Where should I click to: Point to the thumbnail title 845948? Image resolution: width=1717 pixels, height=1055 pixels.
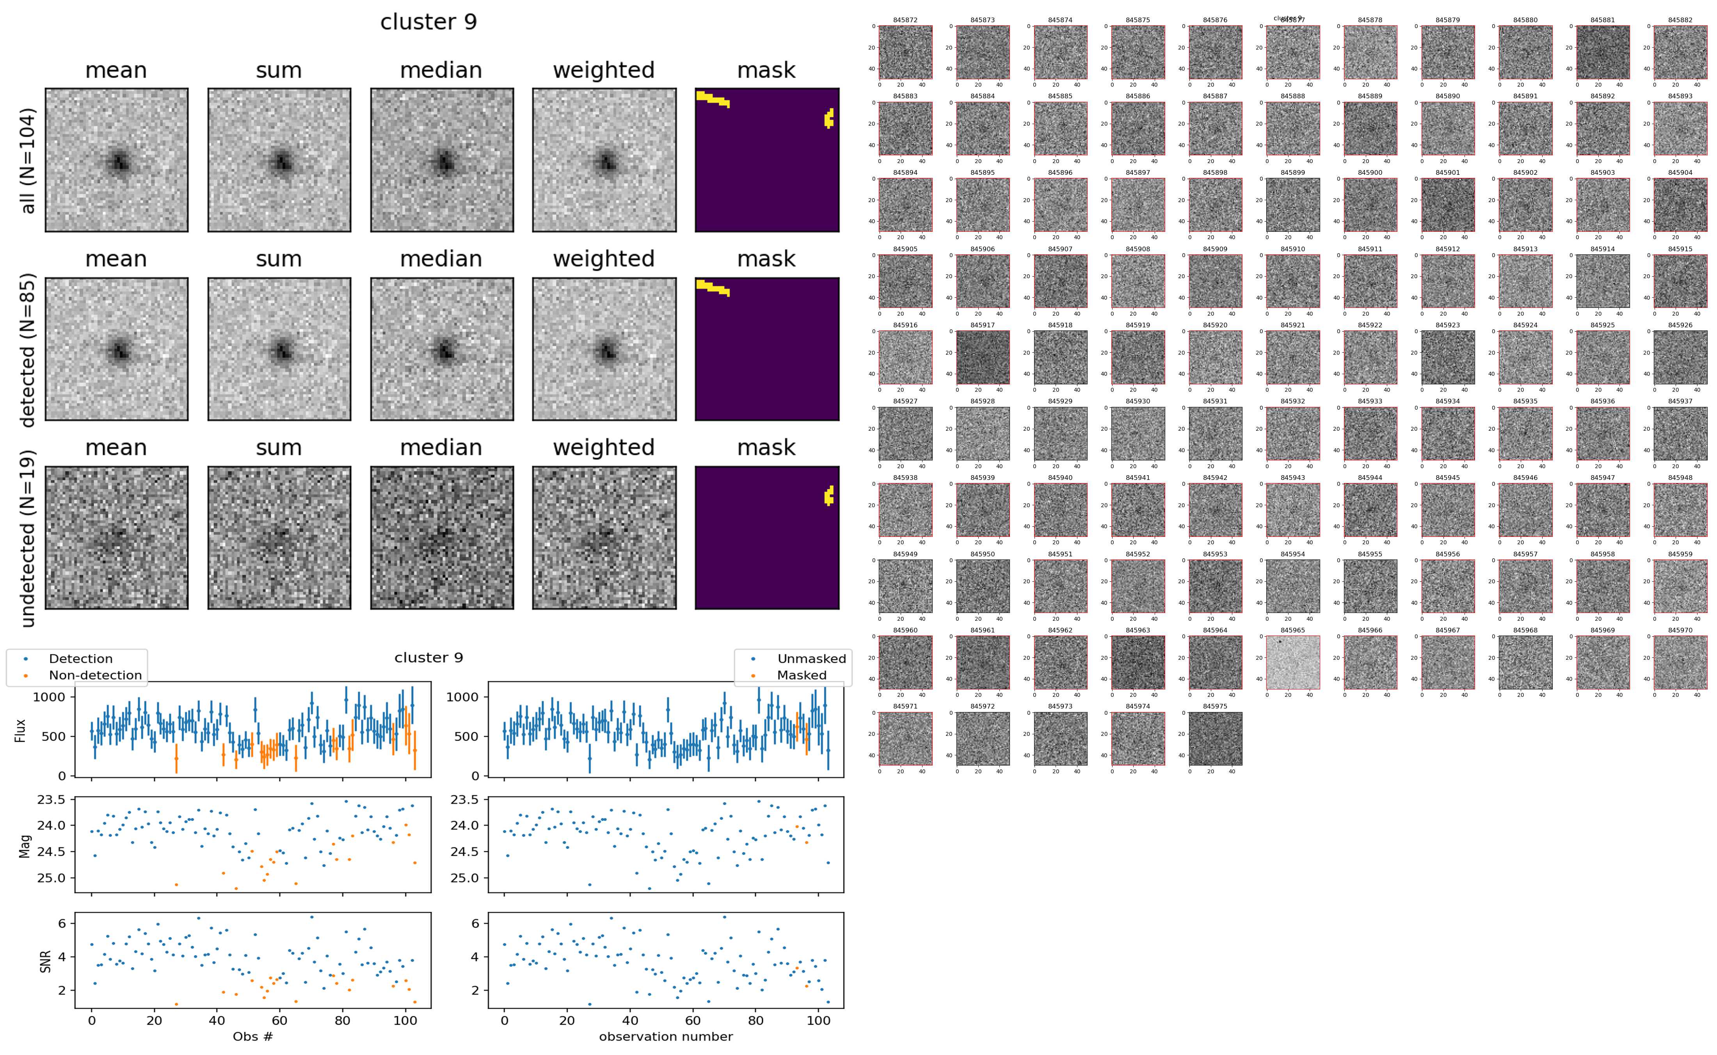point(1680,478)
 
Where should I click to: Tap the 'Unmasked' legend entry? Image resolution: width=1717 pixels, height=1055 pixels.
point(811,659)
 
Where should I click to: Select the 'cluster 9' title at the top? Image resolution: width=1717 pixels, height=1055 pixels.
point(428,22)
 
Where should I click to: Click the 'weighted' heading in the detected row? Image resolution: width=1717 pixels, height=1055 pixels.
point(604,259)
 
